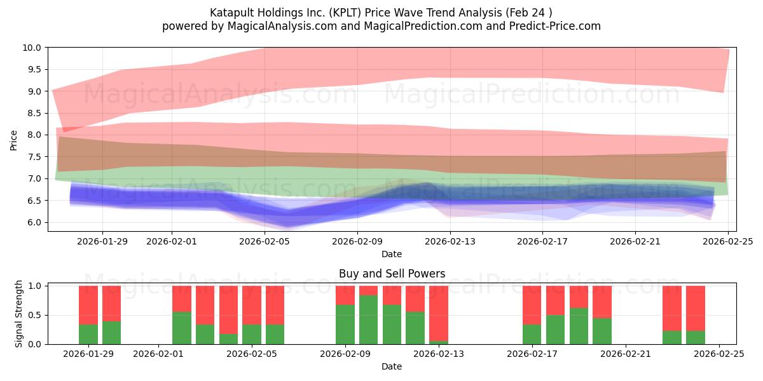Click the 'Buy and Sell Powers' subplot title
click(391, 274)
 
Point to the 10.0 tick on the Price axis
click(32, 48)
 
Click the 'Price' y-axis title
click(14, 139)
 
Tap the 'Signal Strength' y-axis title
click(19, 314)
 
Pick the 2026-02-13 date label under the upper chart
click(450, 241)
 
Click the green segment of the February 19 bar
click(579, 326)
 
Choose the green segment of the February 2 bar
click(182, 328)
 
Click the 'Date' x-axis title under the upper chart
click(391, 254)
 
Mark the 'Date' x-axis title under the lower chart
click(391, 366)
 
